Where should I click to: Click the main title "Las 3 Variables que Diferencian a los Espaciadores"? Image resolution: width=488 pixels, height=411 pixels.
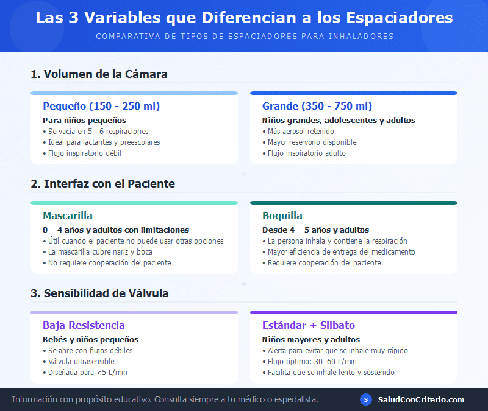point(244,17)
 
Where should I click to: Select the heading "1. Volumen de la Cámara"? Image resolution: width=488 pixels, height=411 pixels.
point(99,74)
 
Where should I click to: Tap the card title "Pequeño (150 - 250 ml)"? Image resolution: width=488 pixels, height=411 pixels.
point(101,106)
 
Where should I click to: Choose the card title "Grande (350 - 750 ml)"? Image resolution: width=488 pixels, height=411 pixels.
point(317,106)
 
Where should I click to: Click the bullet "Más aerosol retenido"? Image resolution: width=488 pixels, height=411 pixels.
point(301,131)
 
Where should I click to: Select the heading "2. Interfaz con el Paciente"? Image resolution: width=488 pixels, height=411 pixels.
point(102,183)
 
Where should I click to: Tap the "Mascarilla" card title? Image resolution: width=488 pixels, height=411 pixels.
point(68,216)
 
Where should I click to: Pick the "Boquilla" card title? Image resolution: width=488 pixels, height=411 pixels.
point(282,216)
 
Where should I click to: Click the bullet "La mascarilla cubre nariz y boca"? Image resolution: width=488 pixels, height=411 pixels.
point(100,251)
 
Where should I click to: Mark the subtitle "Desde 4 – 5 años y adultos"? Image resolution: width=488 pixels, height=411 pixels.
point(315,230)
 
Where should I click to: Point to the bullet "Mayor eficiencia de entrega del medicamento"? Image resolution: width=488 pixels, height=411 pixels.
point(342,251)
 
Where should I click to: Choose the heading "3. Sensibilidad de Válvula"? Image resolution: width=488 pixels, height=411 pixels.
point(99,293)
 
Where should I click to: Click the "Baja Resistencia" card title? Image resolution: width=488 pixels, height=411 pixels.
point(84,325)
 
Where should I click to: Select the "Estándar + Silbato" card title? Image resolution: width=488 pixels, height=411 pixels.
point(309,325)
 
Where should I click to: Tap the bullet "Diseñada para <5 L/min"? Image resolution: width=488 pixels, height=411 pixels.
point(88,372)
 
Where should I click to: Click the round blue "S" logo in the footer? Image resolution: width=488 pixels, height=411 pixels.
point(366,399)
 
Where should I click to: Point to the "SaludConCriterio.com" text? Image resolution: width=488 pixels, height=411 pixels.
point(421,399)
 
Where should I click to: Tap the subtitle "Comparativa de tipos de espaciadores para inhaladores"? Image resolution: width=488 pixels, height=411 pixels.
point(244,36)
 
